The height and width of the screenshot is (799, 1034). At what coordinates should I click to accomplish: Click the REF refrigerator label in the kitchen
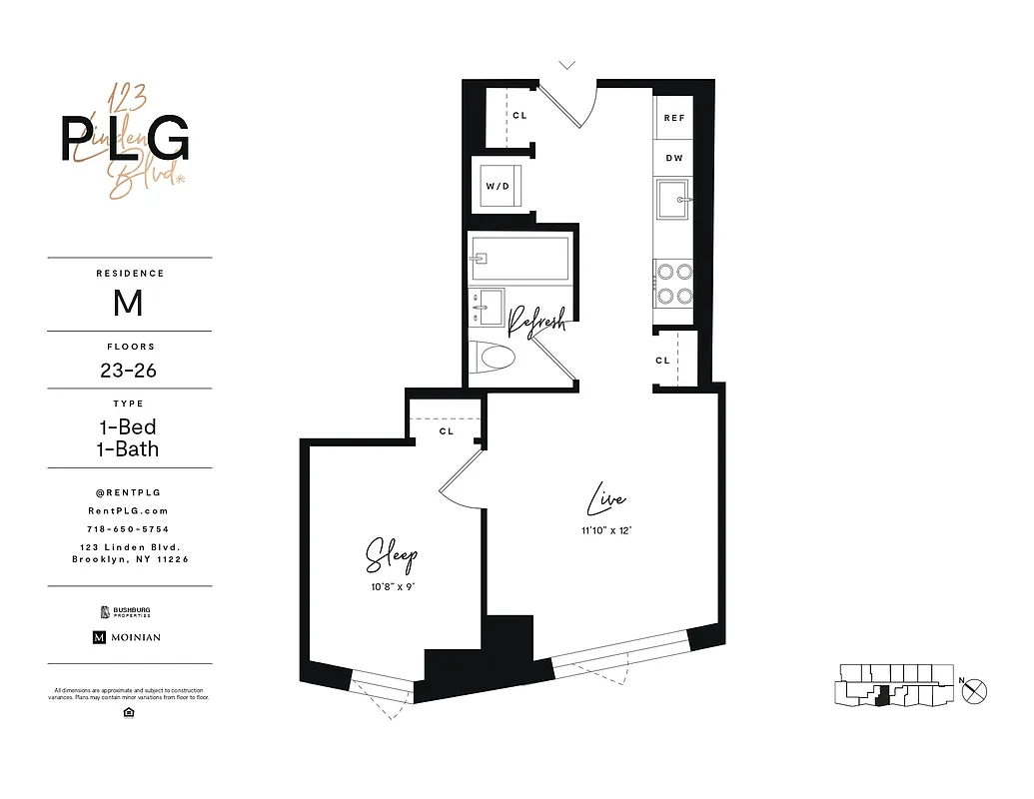click(x=674, y=118)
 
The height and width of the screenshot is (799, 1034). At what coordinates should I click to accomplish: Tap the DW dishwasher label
click(x=674, y=158)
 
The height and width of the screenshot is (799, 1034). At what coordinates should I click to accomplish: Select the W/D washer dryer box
click(x=498, y=186)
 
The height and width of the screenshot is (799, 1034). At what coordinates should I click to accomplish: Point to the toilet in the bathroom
click(x=496, y=357)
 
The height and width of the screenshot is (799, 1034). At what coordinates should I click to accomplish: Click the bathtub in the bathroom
click(x=519, y=258)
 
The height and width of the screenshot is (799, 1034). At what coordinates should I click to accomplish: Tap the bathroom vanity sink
click(x=490, y=306)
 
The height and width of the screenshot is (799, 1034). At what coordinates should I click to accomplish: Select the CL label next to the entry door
click(x=519, y=116)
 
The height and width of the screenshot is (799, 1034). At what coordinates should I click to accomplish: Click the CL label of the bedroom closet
click(x=447, y=431)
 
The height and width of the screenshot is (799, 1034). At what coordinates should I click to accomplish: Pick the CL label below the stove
click(x=662, y=361)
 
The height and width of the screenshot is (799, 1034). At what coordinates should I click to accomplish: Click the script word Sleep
click(x=391, y=556)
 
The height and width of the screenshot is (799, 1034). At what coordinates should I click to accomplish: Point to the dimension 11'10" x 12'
click(x=607, y=530)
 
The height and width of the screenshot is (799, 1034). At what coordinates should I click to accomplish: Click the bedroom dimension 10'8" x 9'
click(x=392, y=587)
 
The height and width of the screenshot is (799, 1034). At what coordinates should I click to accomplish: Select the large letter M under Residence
click(x=128, y=302)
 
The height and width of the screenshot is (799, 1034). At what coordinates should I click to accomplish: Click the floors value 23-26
click(x=128, y=371)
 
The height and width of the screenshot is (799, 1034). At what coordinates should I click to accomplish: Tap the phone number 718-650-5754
click(x=128, y=528)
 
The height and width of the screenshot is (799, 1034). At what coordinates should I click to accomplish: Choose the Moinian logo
click(x=127, y=637)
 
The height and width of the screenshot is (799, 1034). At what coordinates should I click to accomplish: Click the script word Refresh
click(x=537, y=321)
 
